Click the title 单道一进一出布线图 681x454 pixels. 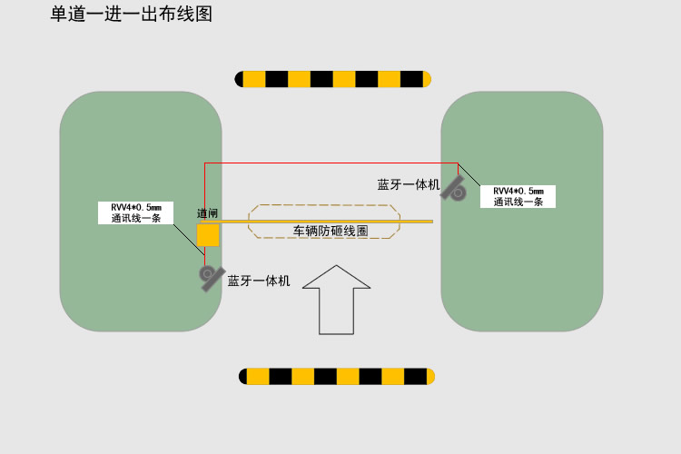(x=131, y=14)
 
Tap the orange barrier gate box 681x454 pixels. (x=208, y=235)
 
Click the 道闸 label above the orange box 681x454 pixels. (x=208, y=214)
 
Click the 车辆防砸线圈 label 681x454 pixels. (x=330, y=232)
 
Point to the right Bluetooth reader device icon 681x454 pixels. (x=453, y=189)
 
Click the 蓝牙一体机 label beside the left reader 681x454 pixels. (x=259, y=281)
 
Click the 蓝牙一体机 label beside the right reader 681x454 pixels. (x=409, y=184)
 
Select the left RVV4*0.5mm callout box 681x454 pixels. (x=135, y=212)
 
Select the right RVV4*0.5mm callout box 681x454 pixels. (x=518, y=196)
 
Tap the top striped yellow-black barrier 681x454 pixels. (x=333, y=79)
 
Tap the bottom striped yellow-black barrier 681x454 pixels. (x=337, y=376)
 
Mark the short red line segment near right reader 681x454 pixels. (x=459, y=169)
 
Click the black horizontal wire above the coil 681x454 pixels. (x=327, y=163)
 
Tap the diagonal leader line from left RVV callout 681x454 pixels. (x=185, y=235)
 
